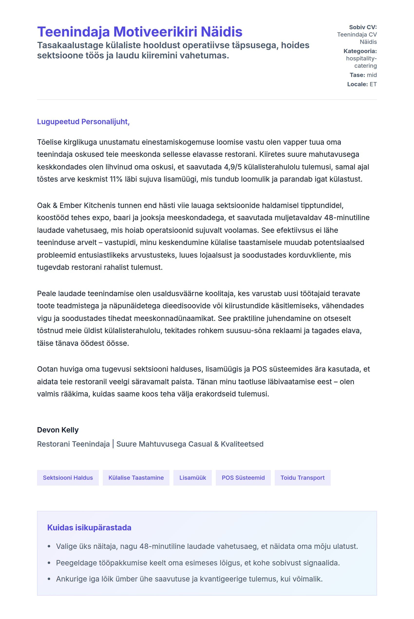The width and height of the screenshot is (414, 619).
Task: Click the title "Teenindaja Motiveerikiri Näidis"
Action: tap(140, 32)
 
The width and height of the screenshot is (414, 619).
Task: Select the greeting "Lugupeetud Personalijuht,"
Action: tap(83, 122)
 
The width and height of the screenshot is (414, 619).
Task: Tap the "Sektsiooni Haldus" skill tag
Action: tap(68, 478)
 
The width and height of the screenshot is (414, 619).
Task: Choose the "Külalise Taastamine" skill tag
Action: tap(136, 478)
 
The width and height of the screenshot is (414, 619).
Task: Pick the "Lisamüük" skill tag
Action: tap(192, 478)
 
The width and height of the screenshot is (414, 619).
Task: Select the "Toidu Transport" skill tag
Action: tap(302, 478)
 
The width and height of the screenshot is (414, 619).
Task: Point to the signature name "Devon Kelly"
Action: tap(58, 430)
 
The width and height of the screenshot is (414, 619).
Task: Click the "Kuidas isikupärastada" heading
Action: tap(89, 528)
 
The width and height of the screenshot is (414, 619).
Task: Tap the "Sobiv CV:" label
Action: tap(363, 27)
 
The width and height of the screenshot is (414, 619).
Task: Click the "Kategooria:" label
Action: tap(360, 51)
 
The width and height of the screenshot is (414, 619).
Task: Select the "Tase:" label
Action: tap(357, 75)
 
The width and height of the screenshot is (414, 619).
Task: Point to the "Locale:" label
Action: tap(357, 84)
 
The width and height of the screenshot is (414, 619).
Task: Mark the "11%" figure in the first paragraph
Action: tap(116, 179)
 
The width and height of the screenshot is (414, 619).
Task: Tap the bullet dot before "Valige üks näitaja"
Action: tap(49, 546)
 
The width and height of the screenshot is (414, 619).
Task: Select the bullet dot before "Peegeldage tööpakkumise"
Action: tap(49, 563)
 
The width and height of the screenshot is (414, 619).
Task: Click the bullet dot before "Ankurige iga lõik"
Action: tap(49, 579)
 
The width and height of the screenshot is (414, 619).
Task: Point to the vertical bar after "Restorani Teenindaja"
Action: tap(113, 444)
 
